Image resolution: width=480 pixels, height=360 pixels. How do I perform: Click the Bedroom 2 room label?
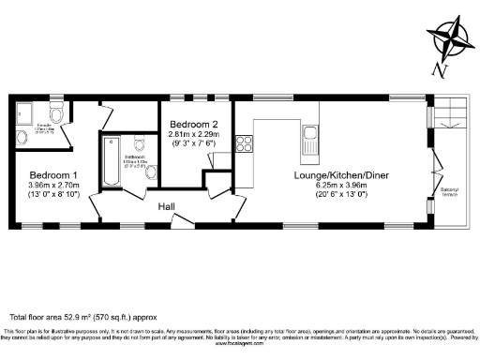(x=193, y=124)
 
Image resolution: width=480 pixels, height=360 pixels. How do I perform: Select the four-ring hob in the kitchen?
(x=244, y=144)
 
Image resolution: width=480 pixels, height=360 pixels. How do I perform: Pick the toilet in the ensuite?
(x=58, y=115)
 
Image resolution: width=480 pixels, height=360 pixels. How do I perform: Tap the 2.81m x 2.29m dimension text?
(x=194, y=134)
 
